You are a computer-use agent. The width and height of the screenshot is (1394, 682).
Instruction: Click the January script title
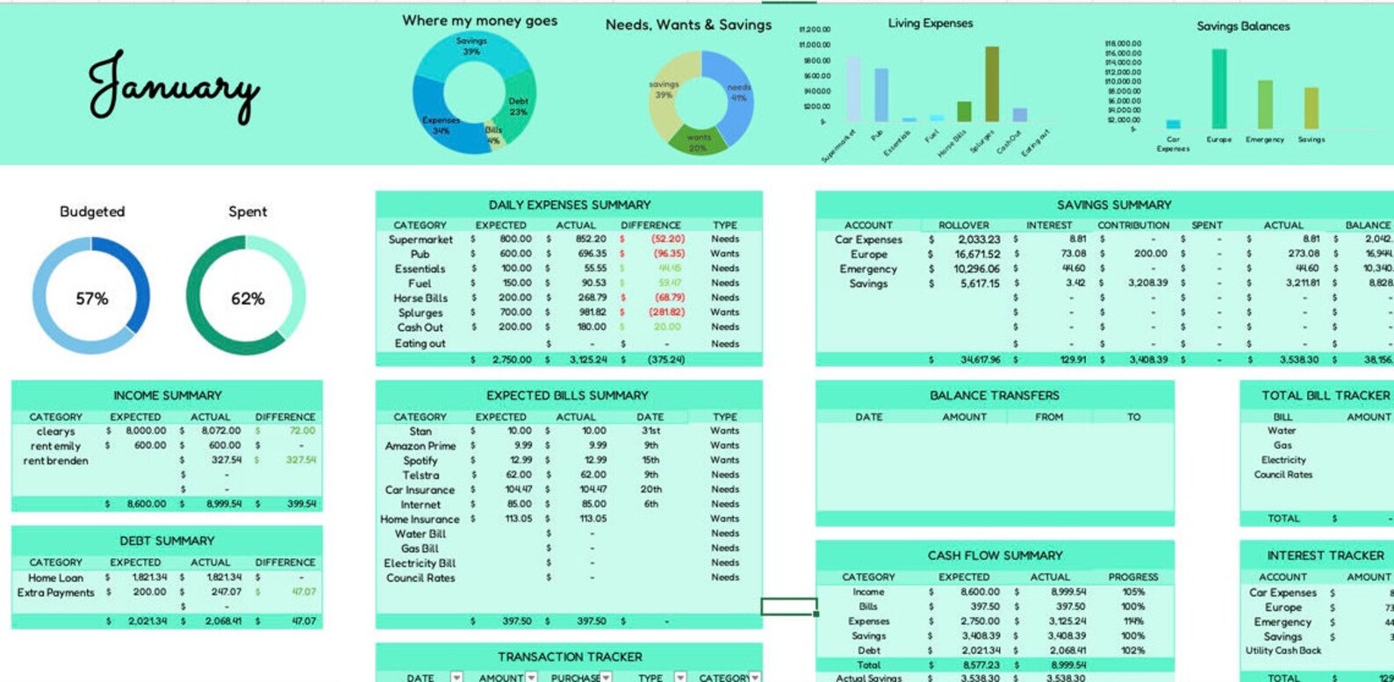pos(173,86)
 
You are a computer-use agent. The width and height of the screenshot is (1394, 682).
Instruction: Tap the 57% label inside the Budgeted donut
pos(91,299)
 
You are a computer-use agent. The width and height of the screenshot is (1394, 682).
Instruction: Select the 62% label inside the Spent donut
pos(248,299)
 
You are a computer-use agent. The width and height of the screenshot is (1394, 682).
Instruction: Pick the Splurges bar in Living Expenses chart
pos(992,84)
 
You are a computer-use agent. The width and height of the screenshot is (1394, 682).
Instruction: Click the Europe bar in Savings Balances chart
pos(1218,89)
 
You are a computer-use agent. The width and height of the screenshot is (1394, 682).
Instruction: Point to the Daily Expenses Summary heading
pos(569,205)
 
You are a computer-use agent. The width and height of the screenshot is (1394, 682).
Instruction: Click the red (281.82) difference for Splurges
pos(666,312)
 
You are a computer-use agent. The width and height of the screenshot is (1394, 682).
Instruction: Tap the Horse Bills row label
pos(420,298)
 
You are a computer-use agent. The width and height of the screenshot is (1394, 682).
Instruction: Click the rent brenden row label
pos(55,461)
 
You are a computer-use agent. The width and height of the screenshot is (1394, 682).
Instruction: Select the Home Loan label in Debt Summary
pos(55,578)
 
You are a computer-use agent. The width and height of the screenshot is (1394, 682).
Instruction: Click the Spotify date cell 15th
pos(650,460)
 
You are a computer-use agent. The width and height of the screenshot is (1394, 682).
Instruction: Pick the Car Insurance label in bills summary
pos(420,490)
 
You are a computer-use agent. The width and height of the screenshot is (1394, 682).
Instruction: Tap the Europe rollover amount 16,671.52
pos(977,254)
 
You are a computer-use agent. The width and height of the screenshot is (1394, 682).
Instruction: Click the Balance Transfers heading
pos(994,396)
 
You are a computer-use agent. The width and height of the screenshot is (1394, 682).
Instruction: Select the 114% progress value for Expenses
pos(1132,621)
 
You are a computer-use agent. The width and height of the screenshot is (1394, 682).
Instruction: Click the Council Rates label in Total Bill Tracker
pos(1283,475)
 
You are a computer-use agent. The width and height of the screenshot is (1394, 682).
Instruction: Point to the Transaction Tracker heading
pos(569,657)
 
